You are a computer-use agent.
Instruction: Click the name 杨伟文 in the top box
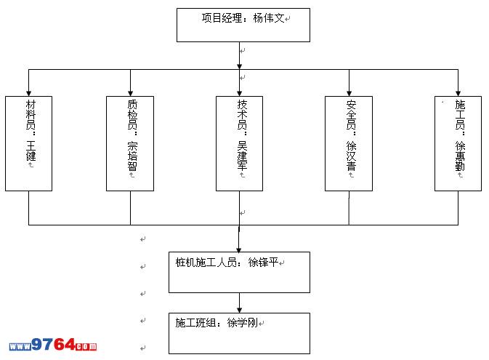[268, 18]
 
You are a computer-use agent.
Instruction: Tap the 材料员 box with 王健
[29, 143]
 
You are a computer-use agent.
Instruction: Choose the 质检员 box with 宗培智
[130, 143]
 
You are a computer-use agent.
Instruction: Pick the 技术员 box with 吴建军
[240, 143]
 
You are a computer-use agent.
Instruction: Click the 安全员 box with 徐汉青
[349, 143]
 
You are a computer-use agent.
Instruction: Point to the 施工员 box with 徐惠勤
[458, 143]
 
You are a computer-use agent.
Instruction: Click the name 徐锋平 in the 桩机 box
[263, 263]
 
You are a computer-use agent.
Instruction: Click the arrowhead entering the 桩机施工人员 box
[239, 248]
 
